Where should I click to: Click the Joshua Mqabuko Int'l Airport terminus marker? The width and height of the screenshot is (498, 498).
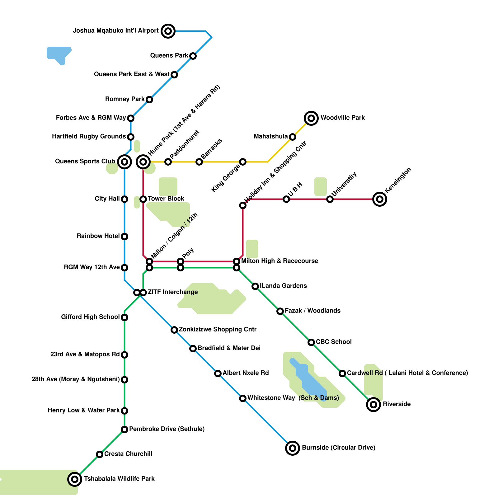[168, 31]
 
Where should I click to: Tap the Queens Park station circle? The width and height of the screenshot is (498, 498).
[193, 56]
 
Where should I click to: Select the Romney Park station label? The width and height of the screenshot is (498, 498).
[125, 99]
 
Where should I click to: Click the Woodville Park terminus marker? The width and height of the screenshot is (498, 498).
[311, 118]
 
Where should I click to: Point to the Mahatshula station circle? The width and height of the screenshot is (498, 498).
[293, 137]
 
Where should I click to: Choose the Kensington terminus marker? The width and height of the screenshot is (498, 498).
[380, 199]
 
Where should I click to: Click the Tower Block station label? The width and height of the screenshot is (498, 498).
[166, 199]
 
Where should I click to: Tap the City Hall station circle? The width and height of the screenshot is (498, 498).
[125, 199]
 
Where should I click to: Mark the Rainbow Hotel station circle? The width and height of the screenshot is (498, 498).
[125, 237]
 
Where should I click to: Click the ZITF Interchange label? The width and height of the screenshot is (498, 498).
[173, 292]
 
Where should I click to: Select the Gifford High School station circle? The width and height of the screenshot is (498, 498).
[125, 317]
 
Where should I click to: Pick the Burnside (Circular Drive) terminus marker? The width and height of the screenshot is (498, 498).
[293, 448]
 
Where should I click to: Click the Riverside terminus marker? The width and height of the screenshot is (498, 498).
[374, 405]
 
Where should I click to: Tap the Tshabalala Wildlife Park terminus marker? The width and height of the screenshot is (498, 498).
[75, 479]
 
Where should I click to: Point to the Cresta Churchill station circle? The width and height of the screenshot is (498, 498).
[100, 454]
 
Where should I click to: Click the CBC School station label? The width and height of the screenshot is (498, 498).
[334, 342]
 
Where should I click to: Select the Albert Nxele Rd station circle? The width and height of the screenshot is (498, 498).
[218, 374]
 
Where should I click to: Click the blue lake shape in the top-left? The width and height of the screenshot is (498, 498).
[59, 54]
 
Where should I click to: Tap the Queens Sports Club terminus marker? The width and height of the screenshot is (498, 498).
[125, 162]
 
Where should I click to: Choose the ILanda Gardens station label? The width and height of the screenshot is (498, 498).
[283, 286]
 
